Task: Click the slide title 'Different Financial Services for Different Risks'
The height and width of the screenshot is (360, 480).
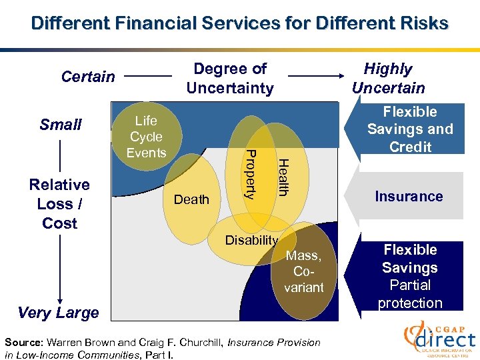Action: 239,23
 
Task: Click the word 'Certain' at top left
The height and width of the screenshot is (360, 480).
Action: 88,77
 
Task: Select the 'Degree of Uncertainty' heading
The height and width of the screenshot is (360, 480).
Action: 230,78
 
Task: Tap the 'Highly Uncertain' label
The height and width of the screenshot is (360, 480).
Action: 388,78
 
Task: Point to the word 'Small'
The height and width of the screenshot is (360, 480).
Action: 61,125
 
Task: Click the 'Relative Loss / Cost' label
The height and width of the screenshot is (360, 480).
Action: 59,203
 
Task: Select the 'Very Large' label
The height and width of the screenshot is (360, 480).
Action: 59,312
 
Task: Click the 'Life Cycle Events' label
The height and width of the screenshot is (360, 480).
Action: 146,137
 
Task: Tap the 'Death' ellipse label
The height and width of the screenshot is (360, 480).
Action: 191,199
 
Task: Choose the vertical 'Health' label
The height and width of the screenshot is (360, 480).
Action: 283,176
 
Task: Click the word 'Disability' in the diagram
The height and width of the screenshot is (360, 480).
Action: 251,241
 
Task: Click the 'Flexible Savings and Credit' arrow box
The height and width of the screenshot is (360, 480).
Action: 410,129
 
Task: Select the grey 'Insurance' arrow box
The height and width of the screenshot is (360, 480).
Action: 409,196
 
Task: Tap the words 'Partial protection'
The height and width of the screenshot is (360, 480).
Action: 410,294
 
